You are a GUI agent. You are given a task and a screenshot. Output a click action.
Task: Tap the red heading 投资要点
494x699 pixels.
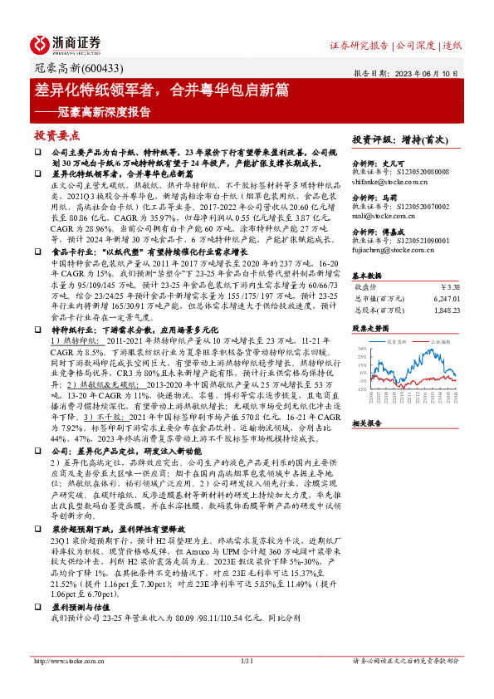point(57,134)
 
